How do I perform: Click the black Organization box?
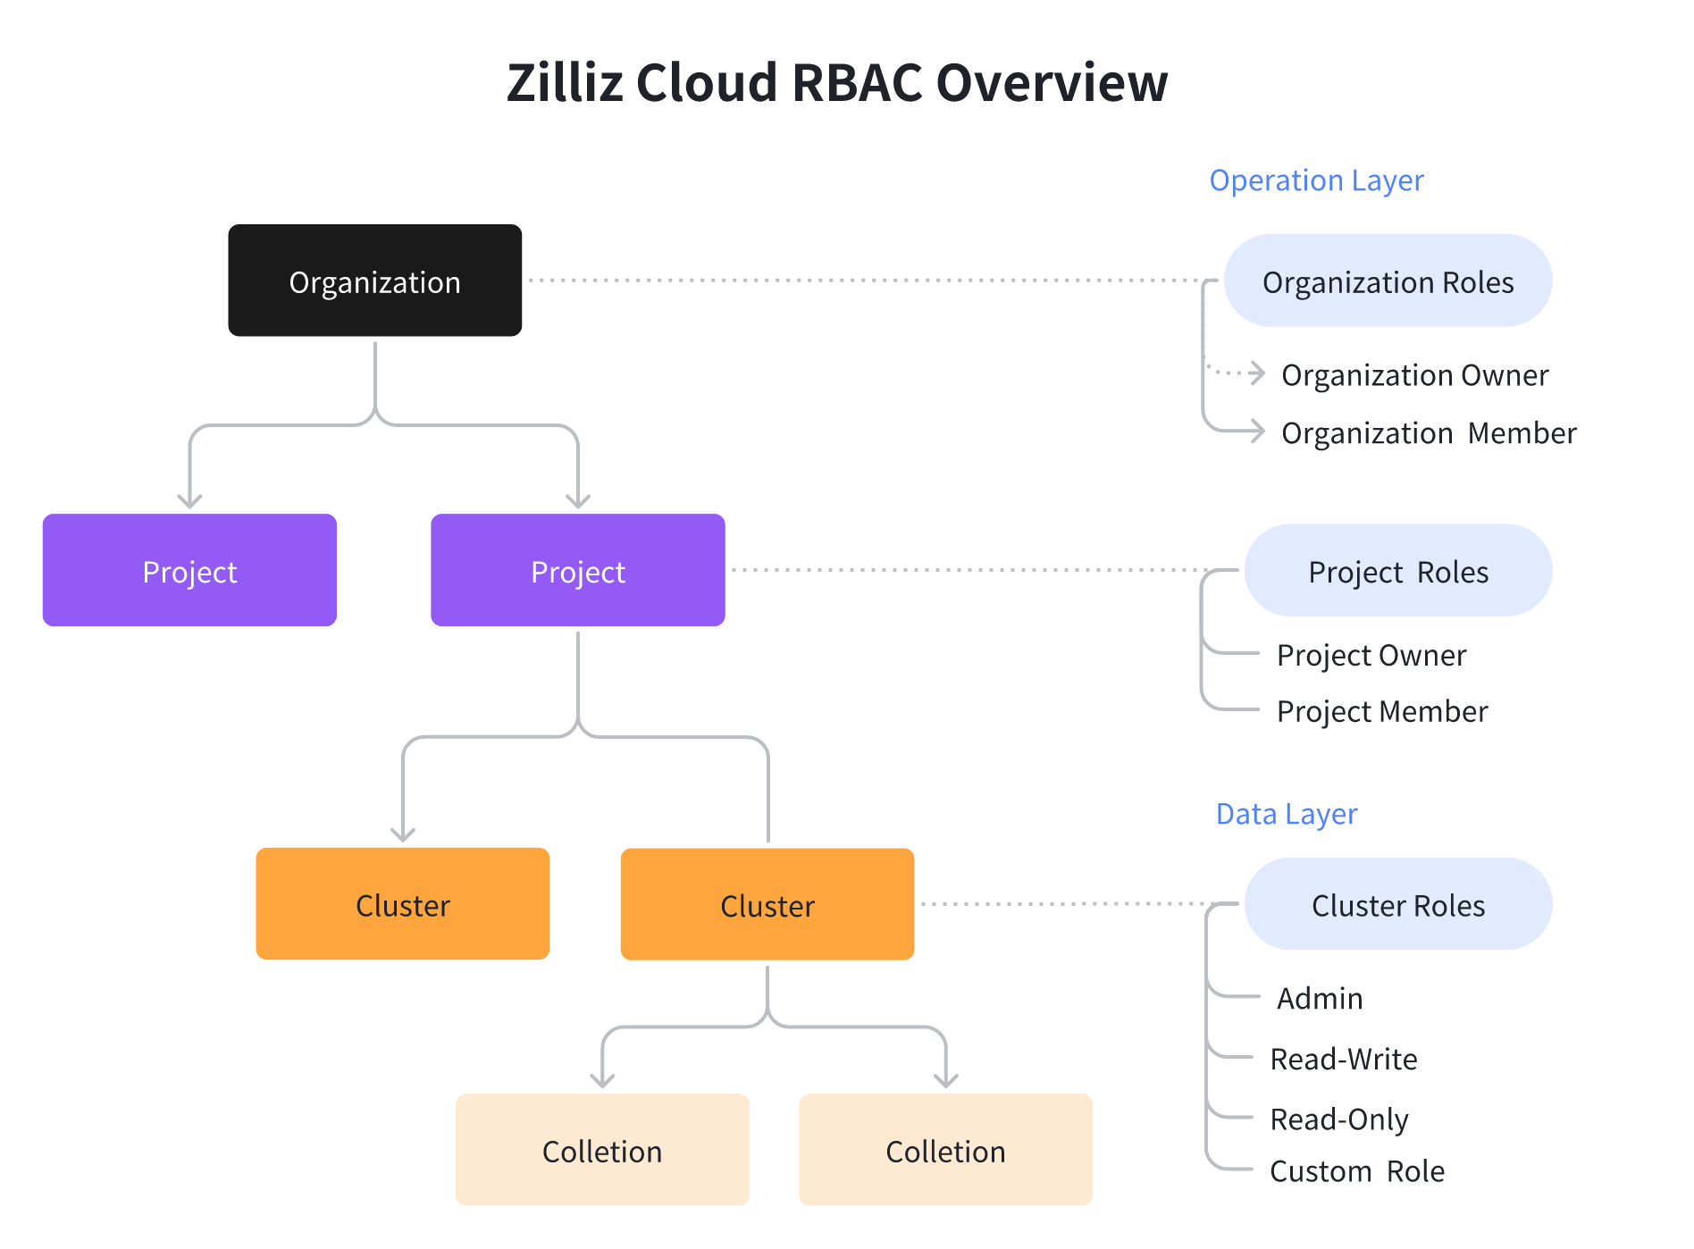coord(374,281)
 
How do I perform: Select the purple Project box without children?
coord(189,570)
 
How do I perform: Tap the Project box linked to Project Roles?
coord(577,570)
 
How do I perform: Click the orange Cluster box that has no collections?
coord(402,903)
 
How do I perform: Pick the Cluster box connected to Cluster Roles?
coord(767,904)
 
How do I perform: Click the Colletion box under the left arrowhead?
coord(601,1150)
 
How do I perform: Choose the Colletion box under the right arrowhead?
coord(945,1150)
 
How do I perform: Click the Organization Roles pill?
coord(1387,281)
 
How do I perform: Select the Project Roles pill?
coord(1397,570)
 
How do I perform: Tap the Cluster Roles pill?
coord(1397,904)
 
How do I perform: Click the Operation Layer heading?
coord(1315,180)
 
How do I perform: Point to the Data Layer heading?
coord(1286,813)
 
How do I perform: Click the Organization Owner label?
coord(1413,374)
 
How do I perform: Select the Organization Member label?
coord(1428,432)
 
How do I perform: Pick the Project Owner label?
coord(1371,655)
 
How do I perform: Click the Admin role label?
coord(1319,998)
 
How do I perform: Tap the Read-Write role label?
coord(1343,1059)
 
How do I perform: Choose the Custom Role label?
coord(1356,1170)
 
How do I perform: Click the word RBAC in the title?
coord(856,82)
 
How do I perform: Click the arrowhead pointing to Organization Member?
coord(1257,432)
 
